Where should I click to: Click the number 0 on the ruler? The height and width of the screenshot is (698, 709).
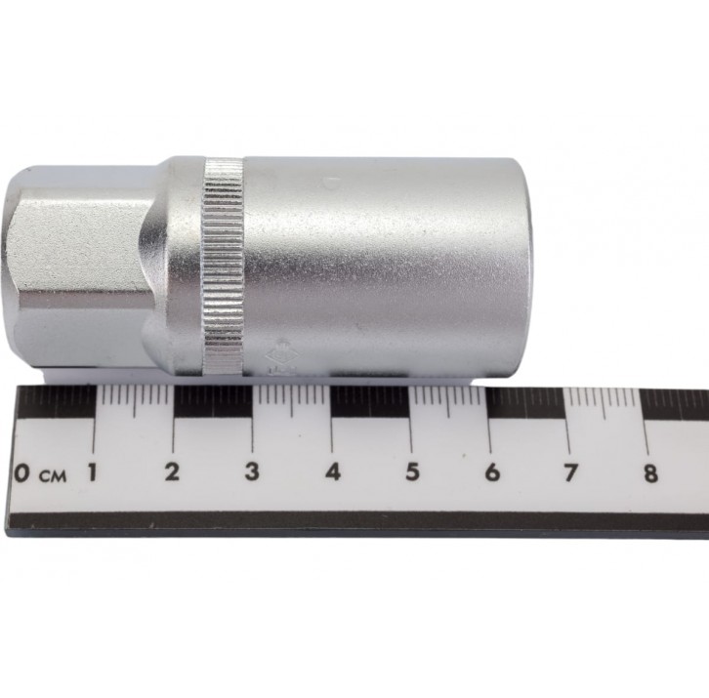21,472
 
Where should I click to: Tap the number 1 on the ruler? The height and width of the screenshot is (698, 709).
93,472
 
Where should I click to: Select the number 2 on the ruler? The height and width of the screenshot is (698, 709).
172,472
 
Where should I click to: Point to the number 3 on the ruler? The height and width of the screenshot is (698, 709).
252,472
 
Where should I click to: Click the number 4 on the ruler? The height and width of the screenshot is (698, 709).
333,472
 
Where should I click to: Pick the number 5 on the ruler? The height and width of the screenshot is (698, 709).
412,472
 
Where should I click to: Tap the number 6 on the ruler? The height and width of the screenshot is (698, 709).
492,472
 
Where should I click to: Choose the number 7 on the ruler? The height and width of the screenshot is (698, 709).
570,472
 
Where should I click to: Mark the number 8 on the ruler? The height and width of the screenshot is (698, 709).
650,473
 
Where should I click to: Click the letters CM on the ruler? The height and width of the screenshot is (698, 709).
53,476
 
